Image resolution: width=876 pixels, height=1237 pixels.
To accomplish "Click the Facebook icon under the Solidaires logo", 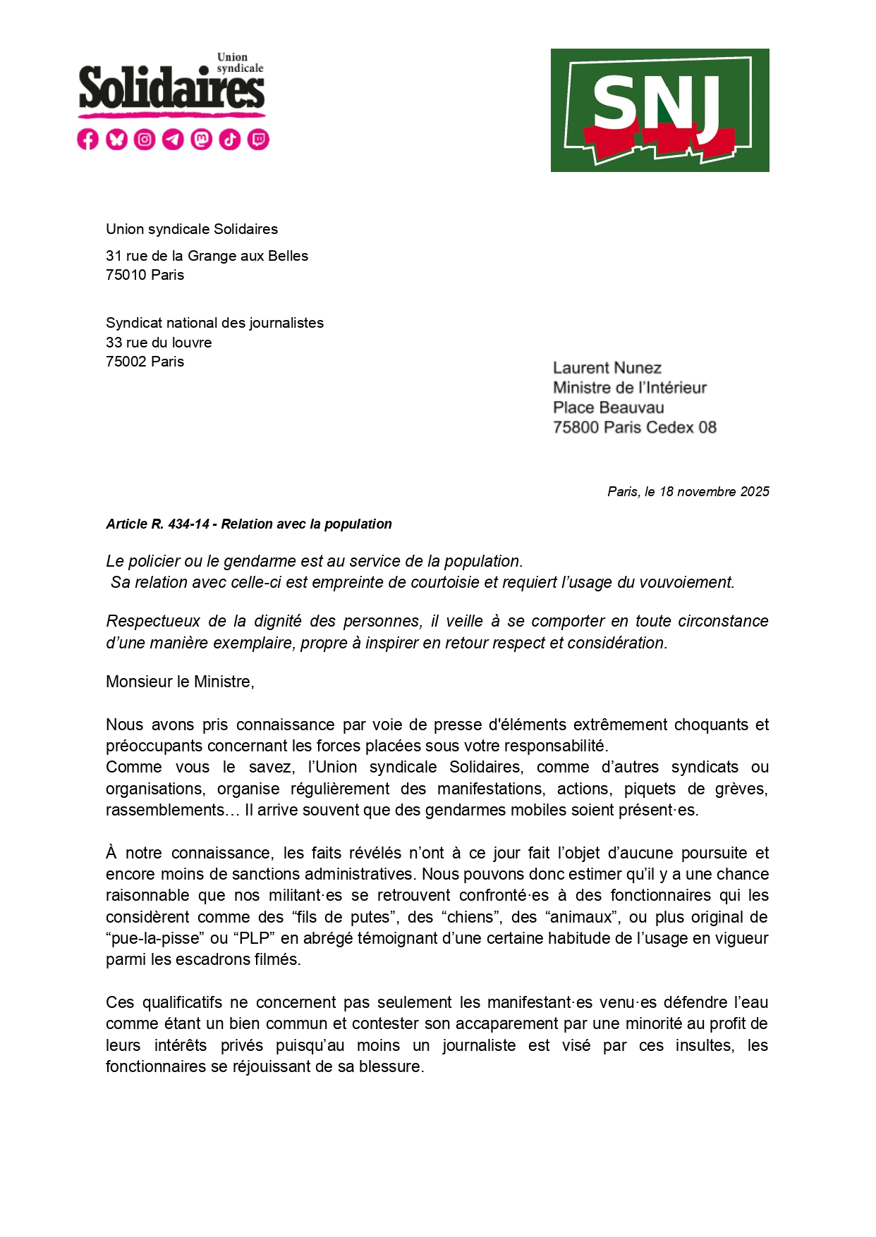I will coord(87,140).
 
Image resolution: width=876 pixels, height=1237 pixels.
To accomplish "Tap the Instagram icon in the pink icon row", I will coord(145,140).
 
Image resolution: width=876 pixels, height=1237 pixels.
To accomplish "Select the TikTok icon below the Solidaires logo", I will coord(230,140).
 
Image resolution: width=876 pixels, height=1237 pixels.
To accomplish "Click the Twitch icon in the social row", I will coord(259,140).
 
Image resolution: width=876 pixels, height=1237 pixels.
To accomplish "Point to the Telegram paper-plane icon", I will coord(173,140).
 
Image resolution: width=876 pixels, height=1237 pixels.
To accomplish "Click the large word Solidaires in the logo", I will coord(171,90).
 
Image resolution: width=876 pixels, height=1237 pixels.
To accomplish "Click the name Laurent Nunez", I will coord(607,368).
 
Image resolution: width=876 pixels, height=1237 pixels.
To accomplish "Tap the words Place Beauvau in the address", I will coord(608,407).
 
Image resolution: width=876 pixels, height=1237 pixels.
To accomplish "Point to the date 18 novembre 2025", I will coord(714,492).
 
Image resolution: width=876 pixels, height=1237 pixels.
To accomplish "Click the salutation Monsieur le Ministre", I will coord(180,682).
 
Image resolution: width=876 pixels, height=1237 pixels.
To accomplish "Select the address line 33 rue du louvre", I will coord(159,343).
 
